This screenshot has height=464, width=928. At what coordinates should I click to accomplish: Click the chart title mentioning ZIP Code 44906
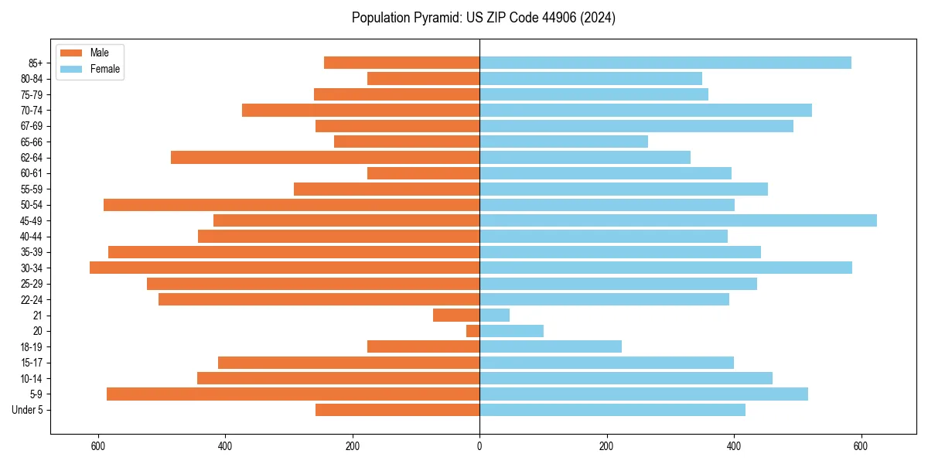pos(483,18)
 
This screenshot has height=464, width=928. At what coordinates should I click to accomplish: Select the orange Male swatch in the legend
pos(70,53)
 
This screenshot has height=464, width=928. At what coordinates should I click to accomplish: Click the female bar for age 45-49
pos(677,220)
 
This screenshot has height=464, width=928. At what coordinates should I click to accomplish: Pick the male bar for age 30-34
pos(285,268)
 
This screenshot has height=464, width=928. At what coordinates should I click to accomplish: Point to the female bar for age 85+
pos(665,63)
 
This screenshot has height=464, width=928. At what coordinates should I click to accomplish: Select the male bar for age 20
pos(473,331)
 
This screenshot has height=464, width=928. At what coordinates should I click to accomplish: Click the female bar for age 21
pos(494,315)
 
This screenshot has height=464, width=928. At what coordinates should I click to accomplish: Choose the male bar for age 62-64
pos(325,157)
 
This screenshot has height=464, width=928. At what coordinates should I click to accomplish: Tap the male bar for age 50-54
pos(292,205)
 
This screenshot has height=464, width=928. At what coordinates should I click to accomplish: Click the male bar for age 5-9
pos(293,394)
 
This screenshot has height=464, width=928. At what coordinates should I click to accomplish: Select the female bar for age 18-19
pos(550,346)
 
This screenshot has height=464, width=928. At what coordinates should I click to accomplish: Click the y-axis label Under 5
pos(27,410)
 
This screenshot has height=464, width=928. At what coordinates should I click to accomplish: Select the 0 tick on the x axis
pos(479,446)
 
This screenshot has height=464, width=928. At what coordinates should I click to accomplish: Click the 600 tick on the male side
pos(97,446)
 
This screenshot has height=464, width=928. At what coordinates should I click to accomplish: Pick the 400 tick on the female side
pos(734,446)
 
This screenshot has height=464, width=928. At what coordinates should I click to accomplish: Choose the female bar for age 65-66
pos(563,142)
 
